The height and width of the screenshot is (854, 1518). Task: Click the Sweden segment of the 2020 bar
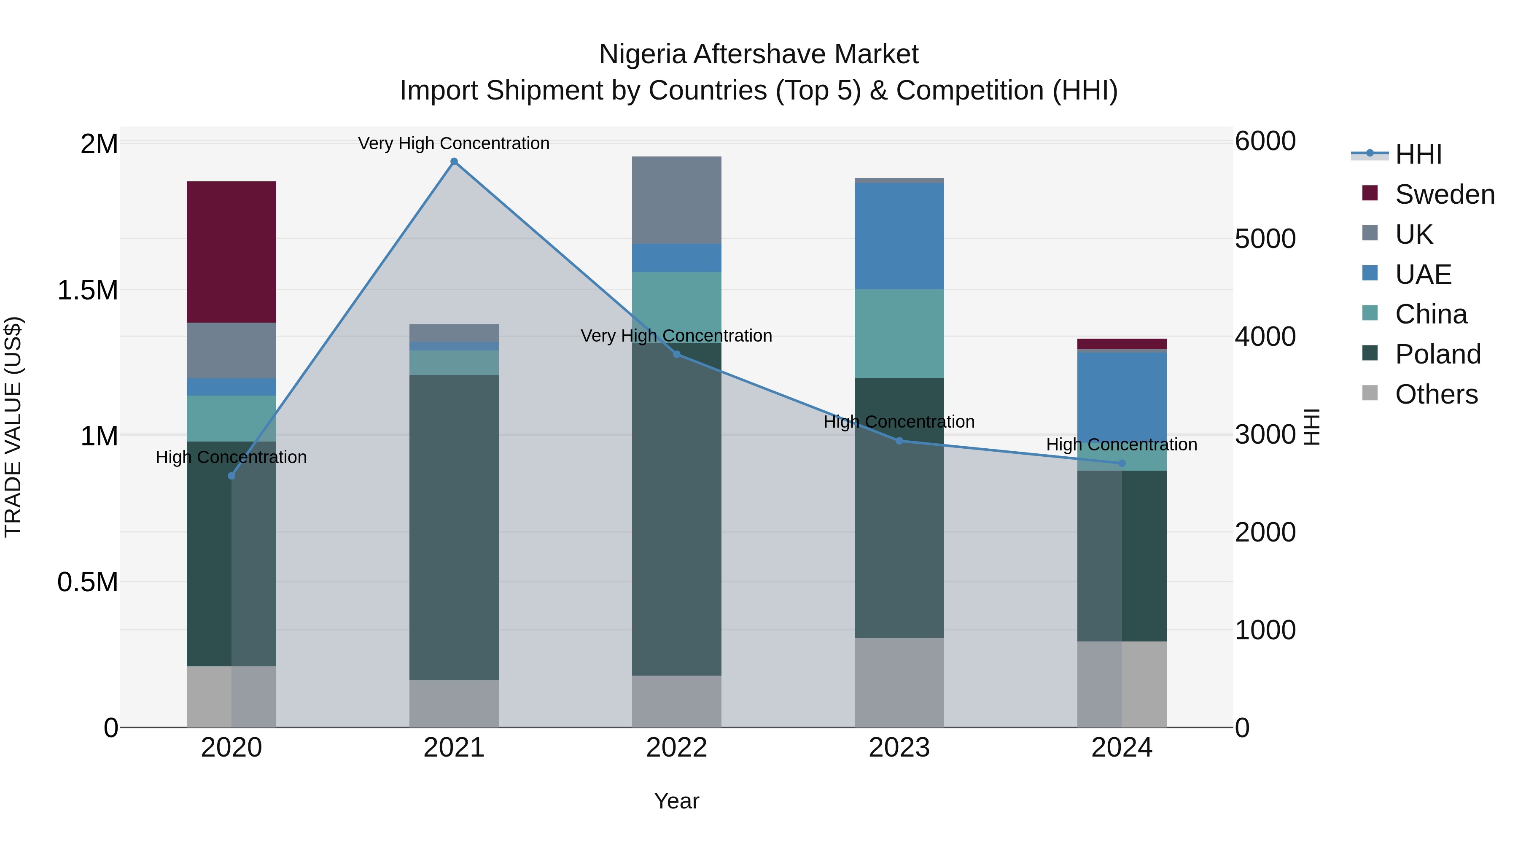(231, 252)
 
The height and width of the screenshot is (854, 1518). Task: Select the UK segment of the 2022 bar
(676, 200)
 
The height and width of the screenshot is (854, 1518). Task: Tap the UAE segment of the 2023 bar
(899, 236)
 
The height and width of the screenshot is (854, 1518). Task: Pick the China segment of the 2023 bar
(899, 333)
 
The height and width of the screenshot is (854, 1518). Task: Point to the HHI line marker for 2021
(454, 162)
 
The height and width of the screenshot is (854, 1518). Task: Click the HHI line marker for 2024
(1122, 463)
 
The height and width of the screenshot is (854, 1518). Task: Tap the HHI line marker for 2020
(231, 476)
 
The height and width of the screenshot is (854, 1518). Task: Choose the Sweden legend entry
(1444, 194)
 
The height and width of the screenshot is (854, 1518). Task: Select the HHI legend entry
(1417, 154)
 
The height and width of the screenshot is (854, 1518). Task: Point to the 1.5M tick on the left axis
(87, 291)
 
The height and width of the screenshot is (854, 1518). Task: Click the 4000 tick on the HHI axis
(1265, 337)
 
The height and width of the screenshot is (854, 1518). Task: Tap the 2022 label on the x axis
(676, 748)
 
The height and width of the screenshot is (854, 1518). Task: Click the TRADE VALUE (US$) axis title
(13, 427)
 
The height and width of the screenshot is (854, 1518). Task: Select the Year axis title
(676, 801)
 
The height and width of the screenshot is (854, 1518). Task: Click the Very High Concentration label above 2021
(454, 143)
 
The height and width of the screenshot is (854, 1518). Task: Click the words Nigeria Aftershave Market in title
(759, 54)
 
